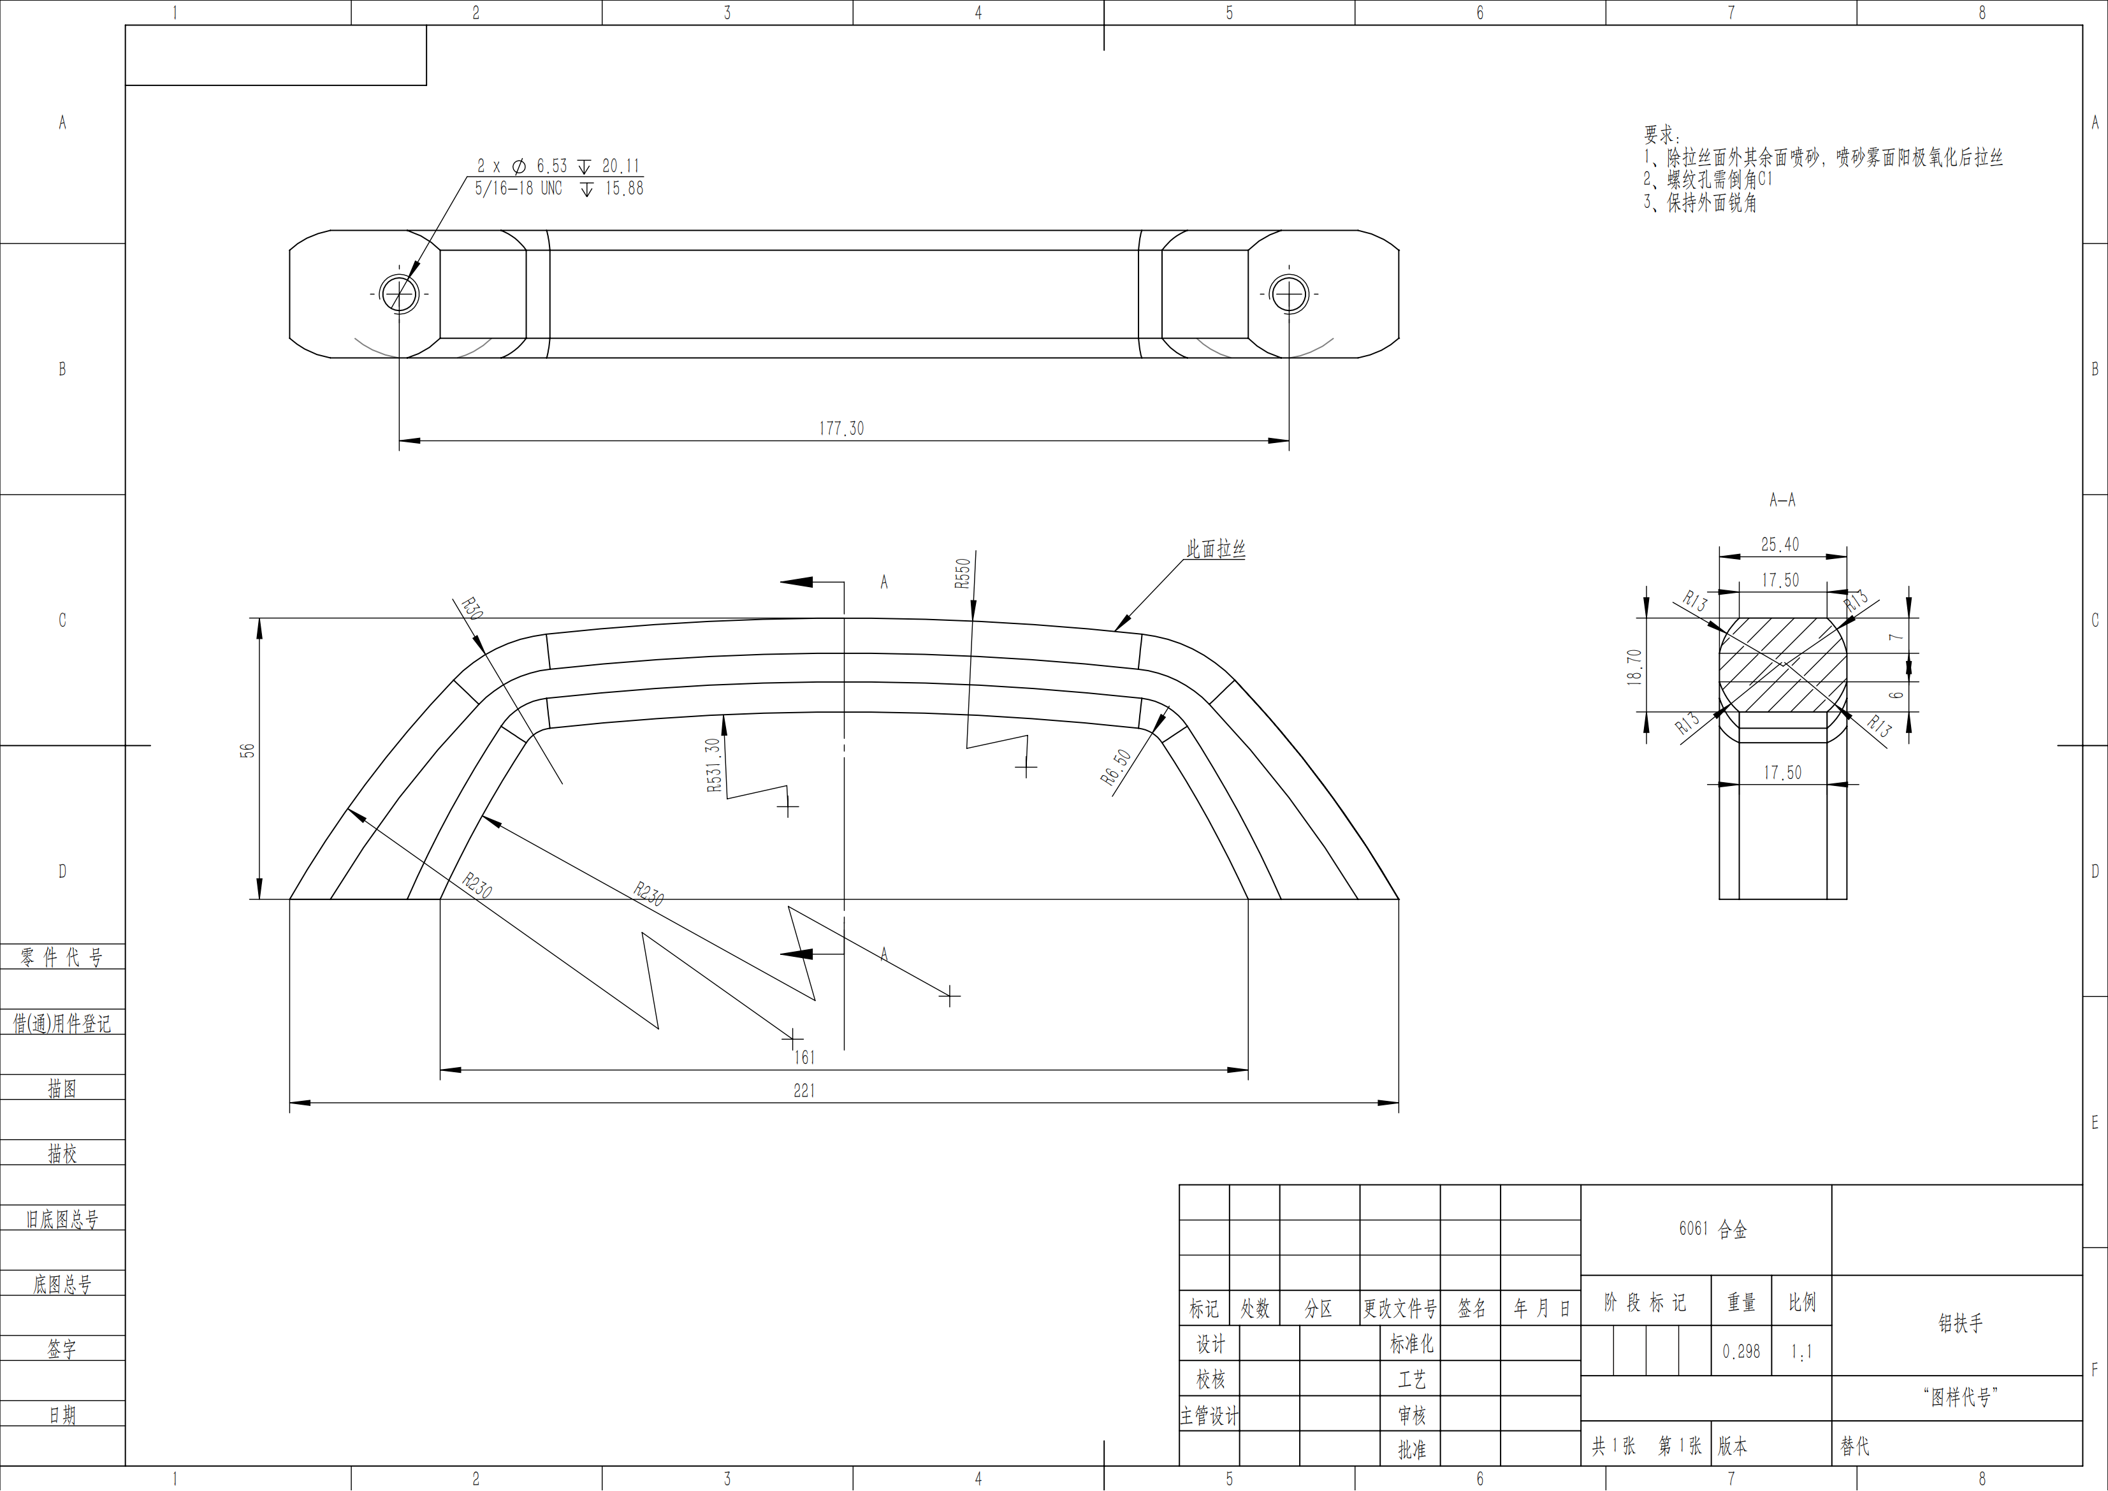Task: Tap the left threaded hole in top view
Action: (400, 294)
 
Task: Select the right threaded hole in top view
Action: (1289, 294)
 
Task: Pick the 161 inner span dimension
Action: (804, 1058)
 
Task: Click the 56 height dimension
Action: (247, 750)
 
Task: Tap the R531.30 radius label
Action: (713, 765)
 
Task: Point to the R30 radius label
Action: (471, 609)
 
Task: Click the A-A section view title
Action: (1782, 500)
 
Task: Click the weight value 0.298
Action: (1741, 1351)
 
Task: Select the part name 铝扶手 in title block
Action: (1960, 1323)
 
